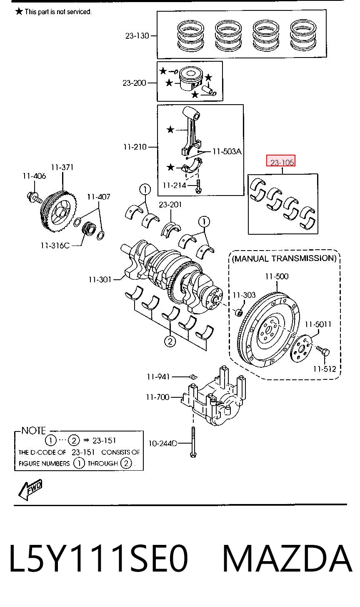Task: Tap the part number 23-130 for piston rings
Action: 137,36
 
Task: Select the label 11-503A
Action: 227,151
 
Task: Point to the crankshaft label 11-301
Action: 100,279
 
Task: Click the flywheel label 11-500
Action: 277,276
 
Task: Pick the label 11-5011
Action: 318,324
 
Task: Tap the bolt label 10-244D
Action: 163,443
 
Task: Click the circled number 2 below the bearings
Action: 170,341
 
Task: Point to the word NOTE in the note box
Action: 33,430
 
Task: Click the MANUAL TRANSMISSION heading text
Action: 285,258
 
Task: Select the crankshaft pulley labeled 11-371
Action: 58,211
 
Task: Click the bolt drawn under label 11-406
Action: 34,198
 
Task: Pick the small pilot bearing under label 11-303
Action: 239,312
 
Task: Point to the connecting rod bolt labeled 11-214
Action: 198,186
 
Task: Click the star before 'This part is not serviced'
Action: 19,11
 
